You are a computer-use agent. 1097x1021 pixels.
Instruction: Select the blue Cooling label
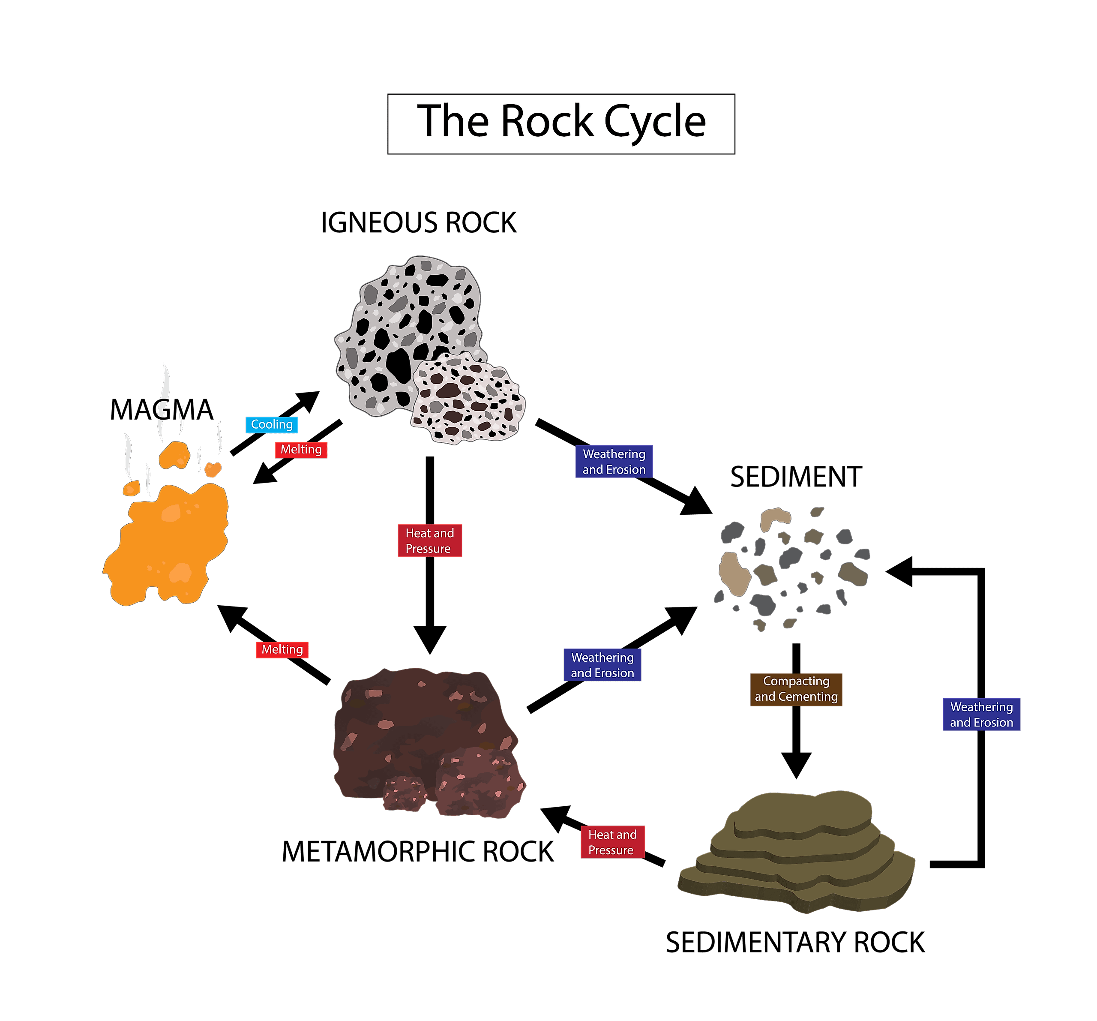point(272,425)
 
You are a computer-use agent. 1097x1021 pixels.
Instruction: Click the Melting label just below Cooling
point(301,450)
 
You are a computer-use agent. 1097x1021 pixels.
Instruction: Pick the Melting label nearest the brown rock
point(282,649)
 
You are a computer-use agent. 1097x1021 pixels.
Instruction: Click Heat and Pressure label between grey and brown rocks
point(429,541)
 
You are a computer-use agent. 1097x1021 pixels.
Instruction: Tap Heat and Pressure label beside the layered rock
point(612,842)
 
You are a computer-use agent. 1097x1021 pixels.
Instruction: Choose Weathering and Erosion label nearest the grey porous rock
point(614,461)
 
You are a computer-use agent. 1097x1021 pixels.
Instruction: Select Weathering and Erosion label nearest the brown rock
point(602,665)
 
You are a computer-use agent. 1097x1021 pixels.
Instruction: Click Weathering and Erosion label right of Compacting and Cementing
point(981,715)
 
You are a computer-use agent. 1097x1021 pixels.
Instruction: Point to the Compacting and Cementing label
point(796,689)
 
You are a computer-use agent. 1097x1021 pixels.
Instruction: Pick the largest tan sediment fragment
point(734,574)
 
